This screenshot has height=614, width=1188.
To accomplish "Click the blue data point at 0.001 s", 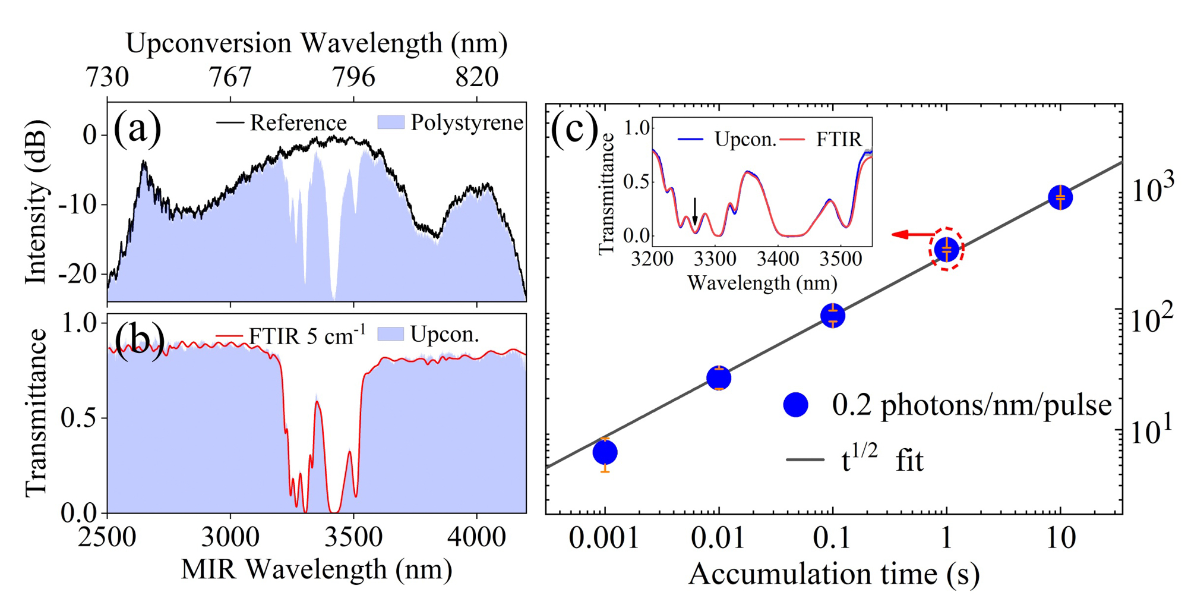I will point(605,453).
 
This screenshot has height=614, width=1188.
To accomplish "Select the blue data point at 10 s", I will point(1060,197).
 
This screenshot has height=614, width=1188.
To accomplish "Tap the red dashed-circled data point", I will point(946,249).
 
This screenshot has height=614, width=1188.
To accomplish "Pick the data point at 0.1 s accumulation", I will point(833,316).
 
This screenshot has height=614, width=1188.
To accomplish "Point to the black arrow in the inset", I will point(694,212).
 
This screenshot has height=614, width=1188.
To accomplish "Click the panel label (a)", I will point(137,128).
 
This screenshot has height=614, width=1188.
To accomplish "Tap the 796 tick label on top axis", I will point(353,77).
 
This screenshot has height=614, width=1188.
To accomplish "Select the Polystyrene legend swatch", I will point(391,122).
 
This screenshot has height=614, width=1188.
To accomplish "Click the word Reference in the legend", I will point(298,123).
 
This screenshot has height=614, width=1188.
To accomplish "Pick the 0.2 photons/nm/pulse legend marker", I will point(795,405).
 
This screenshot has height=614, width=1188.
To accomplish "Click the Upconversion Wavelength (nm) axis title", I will point(317,43).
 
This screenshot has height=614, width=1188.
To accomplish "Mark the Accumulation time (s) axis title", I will point(833,574).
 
